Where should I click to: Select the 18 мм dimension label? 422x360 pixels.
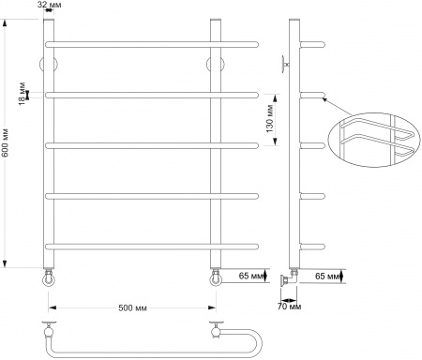tap(22, 94)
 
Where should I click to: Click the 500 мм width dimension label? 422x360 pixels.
tap(131, 307)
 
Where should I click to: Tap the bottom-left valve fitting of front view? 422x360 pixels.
tap(49, 277)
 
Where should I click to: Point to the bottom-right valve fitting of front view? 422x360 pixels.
tap(215, 277)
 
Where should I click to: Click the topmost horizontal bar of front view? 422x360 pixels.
tap(150, 44)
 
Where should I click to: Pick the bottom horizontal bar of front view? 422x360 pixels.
tap(150, 246)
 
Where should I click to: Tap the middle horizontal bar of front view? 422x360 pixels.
tap(150, 145)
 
